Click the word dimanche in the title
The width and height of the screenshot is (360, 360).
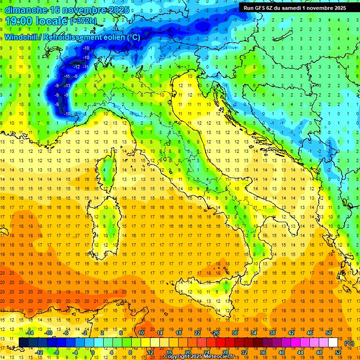point(26,9)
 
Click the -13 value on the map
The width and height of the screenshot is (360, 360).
point(67,85)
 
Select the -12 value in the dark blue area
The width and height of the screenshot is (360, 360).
point(77,67)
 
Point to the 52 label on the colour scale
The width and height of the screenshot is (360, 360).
point(338,352)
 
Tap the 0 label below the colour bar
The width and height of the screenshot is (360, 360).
point(93,352)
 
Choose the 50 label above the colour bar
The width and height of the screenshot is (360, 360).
point(328,333)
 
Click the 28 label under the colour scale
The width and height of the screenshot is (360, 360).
point(225,352)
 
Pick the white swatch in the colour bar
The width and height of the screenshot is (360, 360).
point(333,342)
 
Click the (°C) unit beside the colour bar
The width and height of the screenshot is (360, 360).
point(349,343)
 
